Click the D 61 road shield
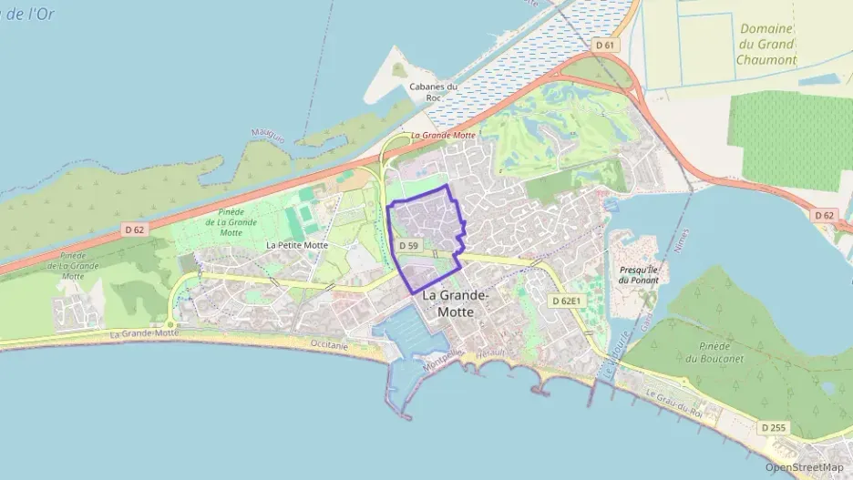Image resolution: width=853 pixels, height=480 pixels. point(605,45)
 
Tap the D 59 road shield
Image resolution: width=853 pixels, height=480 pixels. point(407,246)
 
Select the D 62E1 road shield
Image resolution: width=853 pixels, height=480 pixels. point(566,300)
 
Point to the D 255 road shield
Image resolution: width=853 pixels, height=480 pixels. point(773,426)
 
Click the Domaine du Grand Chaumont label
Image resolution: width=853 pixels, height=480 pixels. point(766,45)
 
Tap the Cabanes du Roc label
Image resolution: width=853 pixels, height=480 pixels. point(433,92)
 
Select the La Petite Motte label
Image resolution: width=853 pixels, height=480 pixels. point(297,245)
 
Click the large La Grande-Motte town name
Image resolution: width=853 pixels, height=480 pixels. point(456,303)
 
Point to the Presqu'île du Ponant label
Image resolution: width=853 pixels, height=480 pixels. point(639,274)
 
